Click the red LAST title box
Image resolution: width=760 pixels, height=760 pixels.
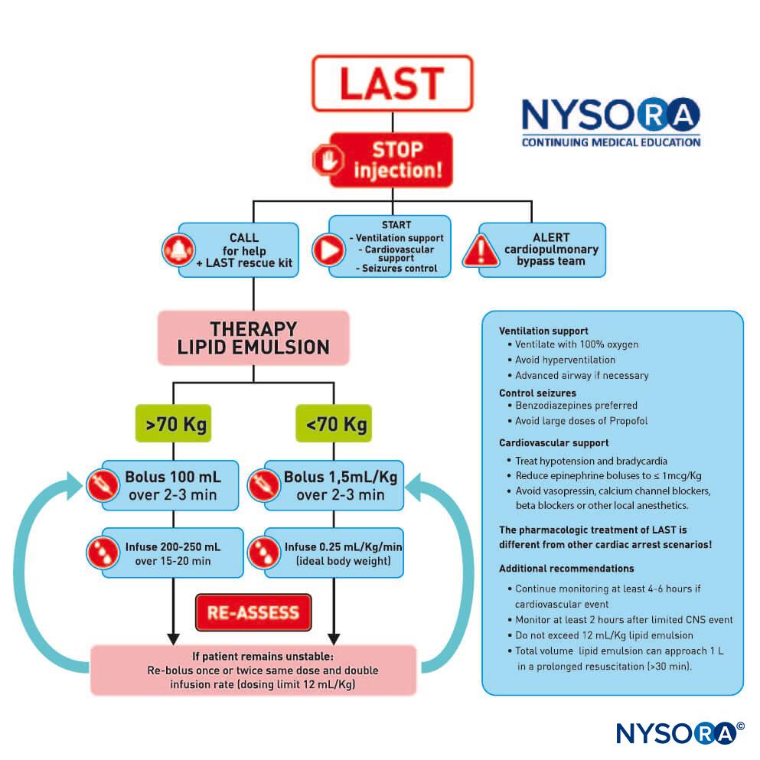[x=392, y=83]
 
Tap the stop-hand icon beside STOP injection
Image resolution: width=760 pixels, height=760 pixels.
[x=328, y=159]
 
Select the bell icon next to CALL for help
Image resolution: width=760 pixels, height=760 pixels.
[x=178, y=250]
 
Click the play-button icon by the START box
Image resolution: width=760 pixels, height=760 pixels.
[x=328, y=250]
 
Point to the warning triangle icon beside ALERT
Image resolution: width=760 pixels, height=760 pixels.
[x=481, y=250]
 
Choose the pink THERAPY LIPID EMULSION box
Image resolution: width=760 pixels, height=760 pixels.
[x=253, y=338]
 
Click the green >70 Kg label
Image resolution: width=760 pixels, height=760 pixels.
[x=174, y=423]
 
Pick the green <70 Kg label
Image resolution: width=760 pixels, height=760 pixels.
[x=334, y=423]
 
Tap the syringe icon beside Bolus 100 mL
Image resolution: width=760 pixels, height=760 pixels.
[x=103, y=485]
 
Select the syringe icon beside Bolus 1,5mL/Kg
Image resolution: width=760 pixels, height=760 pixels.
[x=264, y=485]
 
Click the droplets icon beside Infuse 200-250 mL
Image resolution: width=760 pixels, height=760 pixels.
[x=103, y=553]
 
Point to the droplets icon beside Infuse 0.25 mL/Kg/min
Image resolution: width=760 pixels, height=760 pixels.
[x=264, y=553]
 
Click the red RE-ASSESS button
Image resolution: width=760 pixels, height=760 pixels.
[x=253, y=612]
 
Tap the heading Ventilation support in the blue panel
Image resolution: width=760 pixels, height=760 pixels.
[x=543, y=331]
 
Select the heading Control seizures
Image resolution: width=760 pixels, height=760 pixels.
[x=537, y=393]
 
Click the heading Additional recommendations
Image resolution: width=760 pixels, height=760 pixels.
[x=566, y=569]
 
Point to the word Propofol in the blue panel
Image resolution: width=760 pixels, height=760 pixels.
[x=628, y=421]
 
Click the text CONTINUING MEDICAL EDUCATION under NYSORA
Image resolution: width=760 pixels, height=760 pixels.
[x=612, y=142]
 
